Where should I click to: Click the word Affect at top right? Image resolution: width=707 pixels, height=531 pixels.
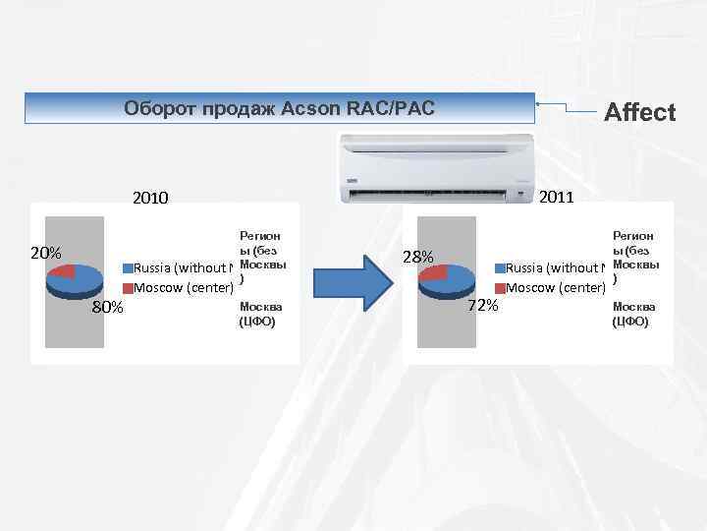(x=640, y=112)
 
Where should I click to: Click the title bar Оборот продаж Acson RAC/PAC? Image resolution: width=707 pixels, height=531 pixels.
(x=279, y=106)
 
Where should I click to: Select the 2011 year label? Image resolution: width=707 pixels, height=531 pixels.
(x=557, y=197)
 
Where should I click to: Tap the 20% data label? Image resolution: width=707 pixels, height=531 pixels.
(x=46, y=253)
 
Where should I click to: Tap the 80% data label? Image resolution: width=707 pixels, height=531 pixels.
(x=107, y=308)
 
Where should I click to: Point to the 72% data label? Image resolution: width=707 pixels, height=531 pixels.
(x=482, y=305)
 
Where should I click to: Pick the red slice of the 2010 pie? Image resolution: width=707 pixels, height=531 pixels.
(x=64, y=271)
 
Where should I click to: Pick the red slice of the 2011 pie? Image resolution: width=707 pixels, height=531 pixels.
(x=435, y=272)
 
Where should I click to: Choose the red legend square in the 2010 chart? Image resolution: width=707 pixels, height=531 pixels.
(x=127, y=288)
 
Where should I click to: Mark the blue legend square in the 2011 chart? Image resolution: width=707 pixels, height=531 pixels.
(x=500, y=268)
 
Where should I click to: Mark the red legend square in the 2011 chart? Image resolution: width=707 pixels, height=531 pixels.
(x=500, y=288)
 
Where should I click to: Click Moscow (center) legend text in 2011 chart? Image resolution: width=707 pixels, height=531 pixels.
(x=555, y=288)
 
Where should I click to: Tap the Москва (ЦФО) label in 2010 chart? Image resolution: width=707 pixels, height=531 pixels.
(x=257, y=314)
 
